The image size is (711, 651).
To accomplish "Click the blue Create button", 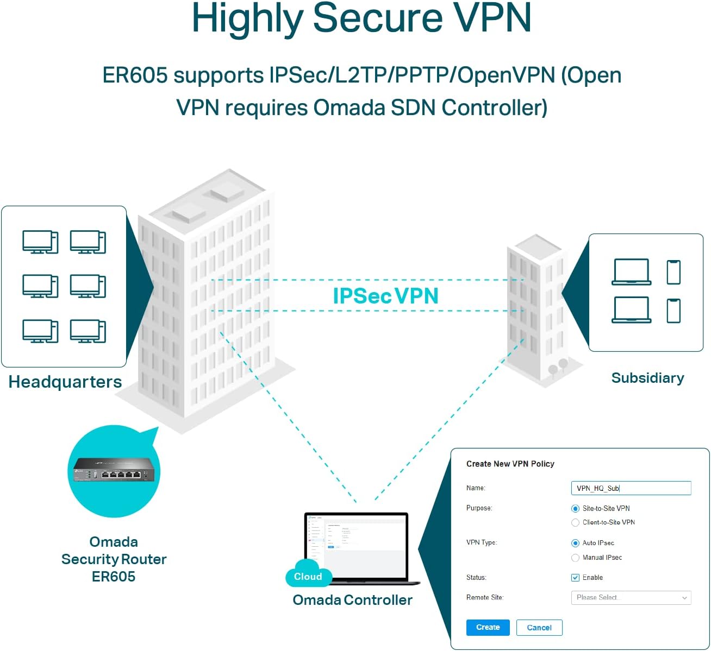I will pos(488,627).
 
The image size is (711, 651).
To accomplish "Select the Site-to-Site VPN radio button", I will pos(575,509).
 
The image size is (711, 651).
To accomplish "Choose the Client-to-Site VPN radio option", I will pos(575,522).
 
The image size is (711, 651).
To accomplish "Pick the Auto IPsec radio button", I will pos(575,543).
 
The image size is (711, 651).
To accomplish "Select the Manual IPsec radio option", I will pos(575,558).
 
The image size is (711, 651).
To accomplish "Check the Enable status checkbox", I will pos(575,578).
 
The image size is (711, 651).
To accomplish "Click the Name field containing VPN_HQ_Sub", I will pos(631,488).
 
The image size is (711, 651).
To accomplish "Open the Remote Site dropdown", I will pos(631,598).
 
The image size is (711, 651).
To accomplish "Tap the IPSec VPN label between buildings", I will pos(385,296).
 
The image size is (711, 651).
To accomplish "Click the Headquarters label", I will pos(65,382).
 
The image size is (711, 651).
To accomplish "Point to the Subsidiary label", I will pos(647,378).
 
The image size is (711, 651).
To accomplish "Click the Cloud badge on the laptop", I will pos(308,577).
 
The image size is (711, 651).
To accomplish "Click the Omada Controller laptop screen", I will pos(356,546).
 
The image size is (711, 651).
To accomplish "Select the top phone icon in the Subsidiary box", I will pos(673,272).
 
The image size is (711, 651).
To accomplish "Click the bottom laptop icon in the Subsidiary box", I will pos(631,310).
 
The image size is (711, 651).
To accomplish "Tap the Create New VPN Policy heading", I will pos(510,464).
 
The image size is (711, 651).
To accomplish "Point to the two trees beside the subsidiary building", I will pos(558,368).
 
